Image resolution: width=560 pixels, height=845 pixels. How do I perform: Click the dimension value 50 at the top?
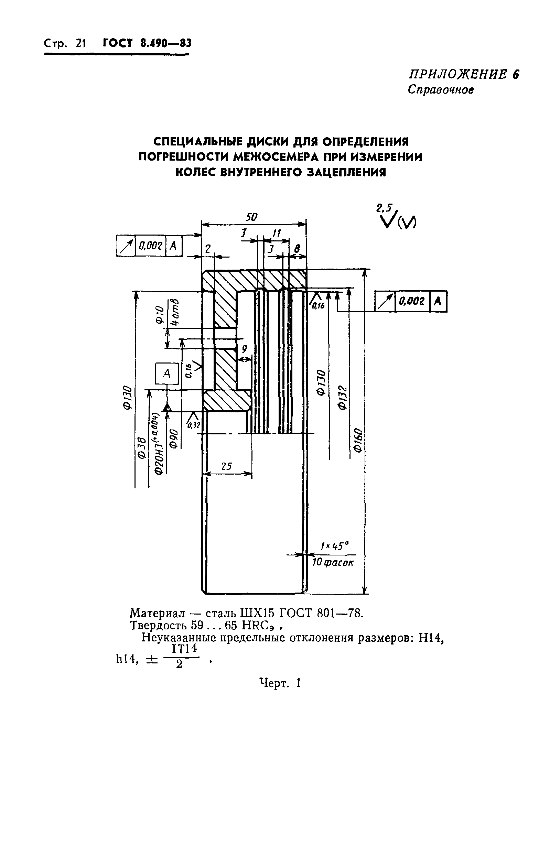252,217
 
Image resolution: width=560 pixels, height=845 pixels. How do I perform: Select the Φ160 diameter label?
359,441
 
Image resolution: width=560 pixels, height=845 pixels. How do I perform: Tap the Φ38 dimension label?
141,448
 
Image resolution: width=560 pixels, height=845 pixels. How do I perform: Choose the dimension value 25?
226,466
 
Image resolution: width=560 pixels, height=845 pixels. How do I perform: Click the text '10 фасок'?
333,563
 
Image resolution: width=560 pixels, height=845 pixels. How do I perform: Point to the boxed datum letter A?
166,373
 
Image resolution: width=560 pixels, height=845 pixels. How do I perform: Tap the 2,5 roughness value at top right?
384,208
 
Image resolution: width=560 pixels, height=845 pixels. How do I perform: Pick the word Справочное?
441,89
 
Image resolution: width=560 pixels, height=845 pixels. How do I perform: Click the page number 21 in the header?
81,43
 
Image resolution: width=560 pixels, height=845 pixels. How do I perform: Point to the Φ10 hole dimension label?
159,314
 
